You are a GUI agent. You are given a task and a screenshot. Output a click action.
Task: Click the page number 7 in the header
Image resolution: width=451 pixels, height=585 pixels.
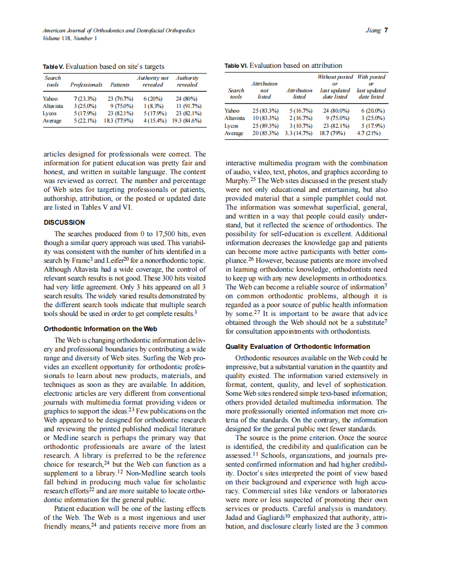click(x=386, y=30)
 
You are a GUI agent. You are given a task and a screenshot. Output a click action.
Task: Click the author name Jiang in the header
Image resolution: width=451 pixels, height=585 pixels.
click(x=374, y=30)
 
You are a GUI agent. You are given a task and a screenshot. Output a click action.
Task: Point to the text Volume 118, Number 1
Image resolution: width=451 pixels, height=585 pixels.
click(x=68, y=38)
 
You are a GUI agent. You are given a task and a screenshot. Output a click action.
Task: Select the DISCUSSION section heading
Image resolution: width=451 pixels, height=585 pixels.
click(x=64, y=223)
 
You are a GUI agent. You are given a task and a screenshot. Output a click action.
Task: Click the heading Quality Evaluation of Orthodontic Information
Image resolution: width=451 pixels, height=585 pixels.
click(x=297, y=346)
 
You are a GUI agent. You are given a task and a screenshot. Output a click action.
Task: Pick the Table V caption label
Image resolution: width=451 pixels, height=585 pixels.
click(x=54, y=66)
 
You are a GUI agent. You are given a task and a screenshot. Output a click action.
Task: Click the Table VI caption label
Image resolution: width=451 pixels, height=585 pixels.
click(x=236, y=66)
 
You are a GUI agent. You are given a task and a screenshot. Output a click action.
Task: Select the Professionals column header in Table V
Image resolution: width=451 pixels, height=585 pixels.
click(x=86, y=84)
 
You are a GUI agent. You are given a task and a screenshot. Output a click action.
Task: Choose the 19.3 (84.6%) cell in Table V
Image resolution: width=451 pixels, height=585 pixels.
click(x=186, y=120)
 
